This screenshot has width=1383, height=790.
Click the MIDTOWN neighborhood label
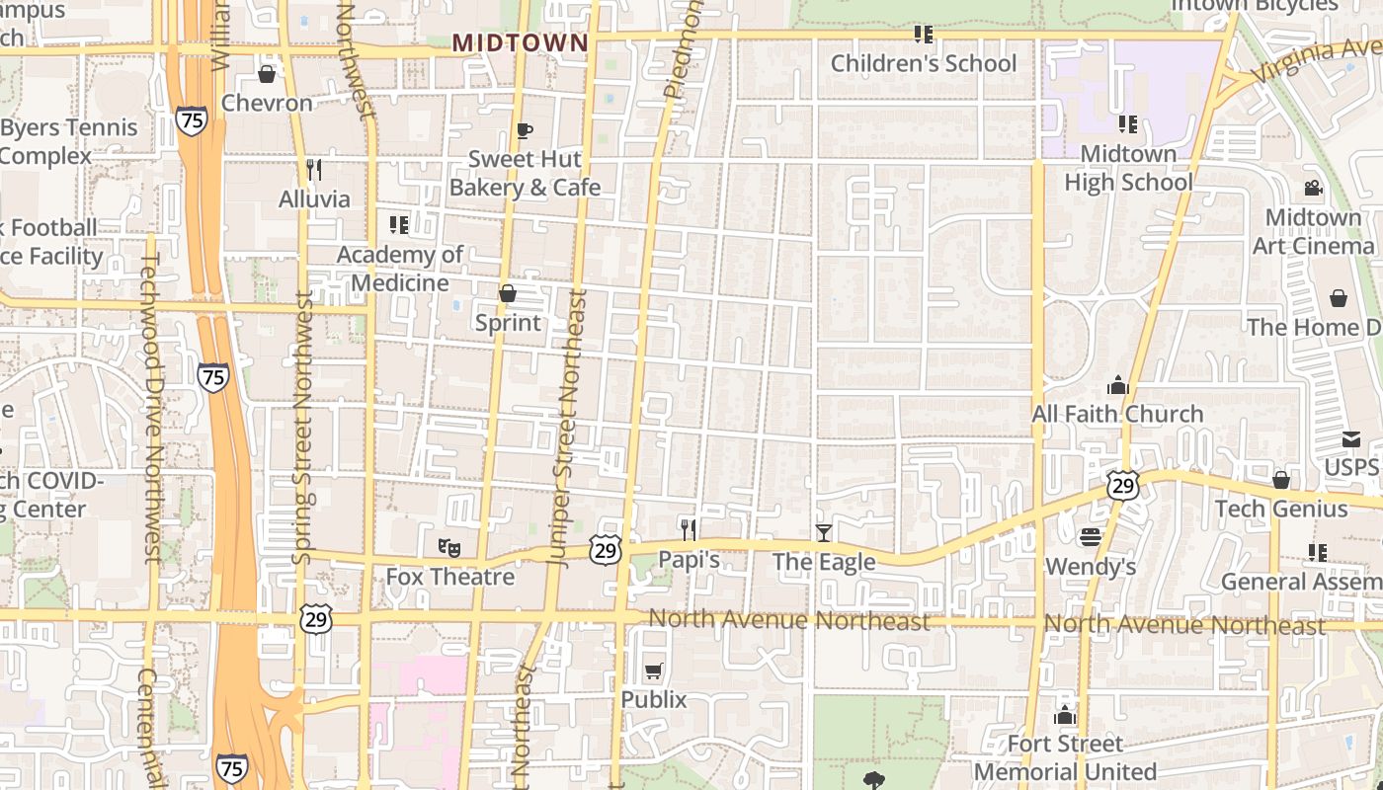pyautogui.click(x=520, y=43)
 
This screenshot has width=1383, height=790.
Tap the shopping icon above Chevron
pyautogui.click(x=267, y=74)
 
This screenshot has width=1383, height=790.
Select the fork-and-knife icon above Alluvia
pyautogui.click(x=313, y=169)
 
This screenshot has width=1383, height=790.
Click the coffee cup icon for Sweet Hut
pyautogui.click(x=524, y=130)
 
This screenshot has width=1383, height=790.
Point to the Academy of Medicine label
pyautogui.click(x=399, y=269)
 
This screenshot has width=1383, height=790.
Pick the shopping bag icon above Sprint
pyautogui.click(x=508, y=293)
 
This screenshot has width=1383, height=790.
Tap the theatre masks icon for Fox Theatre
pyautogui.click(x=449, y=546)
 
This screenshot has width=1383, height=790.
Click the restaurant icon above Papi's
pyautogui.click(x=689, y=530)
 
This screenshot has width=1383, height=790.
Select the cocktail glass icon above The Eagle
pyautogui.click(x=824, y=533)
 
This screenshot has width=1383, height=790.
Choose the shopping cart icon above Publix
pyautogui.click(x=653, y=671)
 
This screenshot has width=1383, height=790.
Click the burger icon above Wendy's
pyautogui.click(x=1091, y=537)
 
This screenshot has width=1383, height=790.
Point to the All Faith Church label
pyautogui.click(x=1117, y=414)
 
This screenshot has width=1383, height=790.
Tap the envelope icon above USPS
pyautogui.click(x=1350, y=439)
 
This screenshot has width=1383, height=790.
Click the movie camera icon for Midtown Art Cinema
pyautogui.click(x=1313, y=188)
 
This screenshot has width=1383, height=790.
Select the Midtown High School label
pyautogui.click(x=1128, y=168)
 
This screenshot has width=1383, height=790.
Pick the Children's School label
pyautogui.click(x=923, y=64)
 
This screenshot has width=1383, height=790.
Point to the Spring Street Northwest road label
pyautogui.click(x=303, y=428)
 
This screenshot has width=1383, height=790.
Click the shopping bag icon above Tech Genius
pyautogui.click(x=1281, y=480)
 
